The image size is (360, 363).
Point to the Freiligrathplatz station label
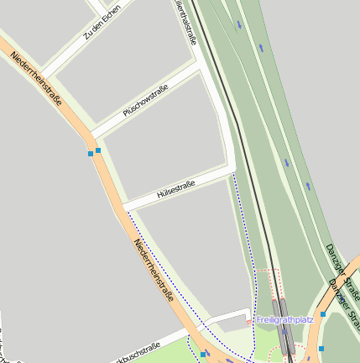284,320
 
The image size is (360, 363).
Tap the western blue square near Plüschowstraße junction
91,153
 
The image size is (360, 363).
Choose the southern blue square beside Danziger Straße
321,348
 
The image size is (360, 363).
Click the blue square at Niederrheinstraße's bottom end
202,355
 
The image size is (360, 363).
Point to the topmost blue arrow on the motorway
239,24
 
